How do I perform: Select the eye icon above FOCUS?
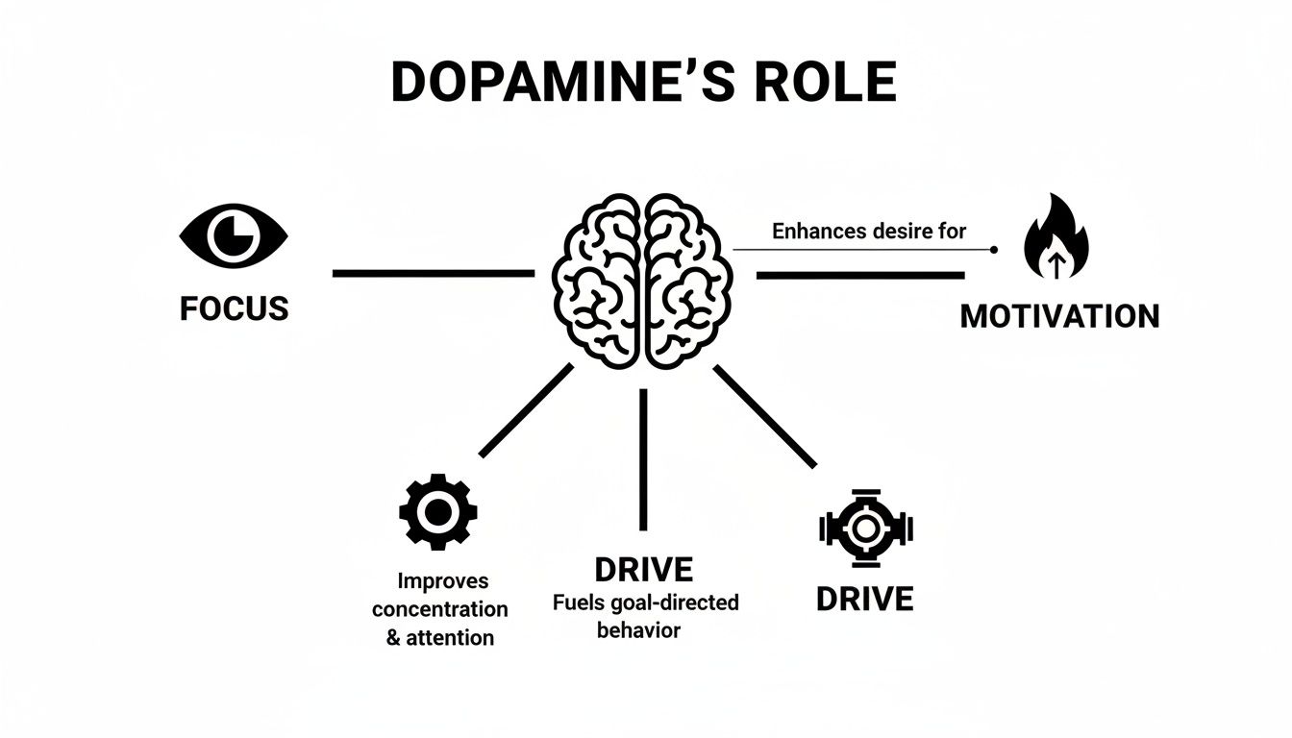tap(234, 235)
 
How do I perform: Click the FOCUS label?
tap(234, 308)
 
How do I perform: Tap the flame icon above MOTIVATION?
tap(1057, 238)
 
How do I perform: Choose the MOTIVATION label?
tap(1059, 316)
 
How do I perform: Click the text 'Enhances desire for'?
tap(868, 231)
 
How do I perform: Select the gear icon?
tap(437, 512)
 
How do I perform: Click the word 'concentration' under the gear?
tap(439, 609)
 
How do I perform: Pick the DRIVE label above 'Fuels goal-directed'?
tap(643, 570)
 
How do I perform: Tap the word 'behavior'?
tap(638, 630)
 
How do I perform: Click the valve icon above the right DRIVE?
tap(865, 528)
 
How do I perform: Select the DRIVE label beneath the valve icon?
tap(864, 600)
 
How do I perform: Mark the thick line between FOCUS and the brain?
tap(433, 274)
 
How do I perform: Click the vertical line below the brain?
tap(643, 459)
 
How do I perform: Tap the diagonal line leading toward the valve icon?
tap(764, 415)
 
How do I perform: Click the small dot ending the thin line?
tap(993, 250)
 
